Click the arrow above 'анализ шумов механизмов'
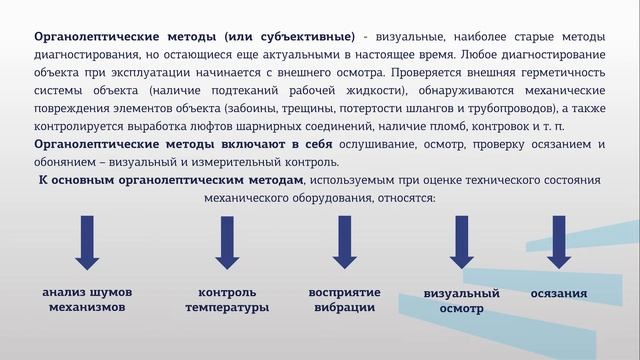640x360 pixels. pyautogui.click(x=87, y=242)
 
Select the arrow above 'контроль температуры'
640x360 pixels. pyautogui.click(x=227, y=242)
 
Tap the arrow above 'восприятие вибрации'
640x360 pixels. pyautogui.click(x=345, y=242)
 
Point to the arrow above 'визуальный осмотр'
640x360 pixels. pyautogui.click(x=461, y=242)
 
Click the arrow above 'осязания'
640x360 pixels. pyautogui.click(x=558, y=242)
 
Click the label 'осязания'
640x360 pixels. pyautogui.click(x=558, y=294)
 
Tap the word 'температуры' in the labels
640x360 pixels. pyautogui.click(x=227, y=308)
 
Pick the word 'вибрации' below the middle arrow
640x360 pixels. pyautogui.click(x=345, y=307)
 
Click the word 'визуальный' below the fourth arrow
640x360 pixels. pyautogui.click(x=462, y=294)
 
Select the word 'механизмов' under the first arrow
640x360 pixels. pyautogui.click(x=88, y=307)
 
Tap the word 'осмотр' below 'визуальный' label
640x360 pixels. pyautogui.click(x=461, y=309)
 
